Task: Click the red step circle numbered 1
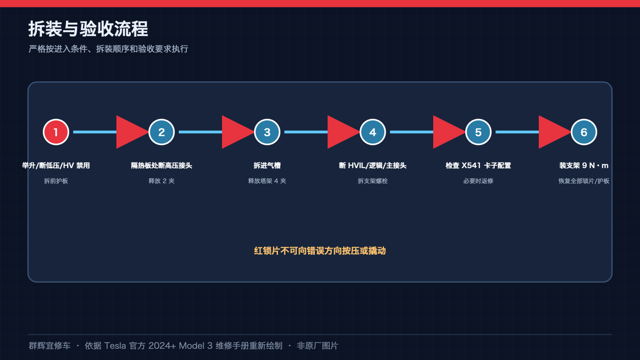pyautogui.click(x=56, y=132)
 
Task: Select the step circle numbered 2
pyautogui.click(x=162, y=132)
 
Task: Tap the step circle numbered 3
pyautogui.click(x=267, y=132)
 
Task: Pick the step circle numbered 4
pyautogui.click(x=372, y=132)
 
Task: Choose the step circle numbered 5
pyautogui.click(x=478, y=132)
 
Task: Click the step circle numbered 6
pyautogui.click(x=584, y=132)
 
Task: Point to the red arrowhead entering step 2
pyautogui.click(x=130, y=132)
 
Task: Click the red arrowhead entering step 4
pyautogui.click(x=341, y=132)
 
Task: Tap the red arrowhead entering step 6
pyautogui.click(x=552, y=132)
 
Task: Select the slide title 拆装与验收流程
pyautogui.click(x=88, y=29)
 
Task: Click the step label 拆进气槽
pyautogui.click(x=267, y=166)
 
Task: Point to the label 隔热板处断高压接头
pyautogui.click(x=162, y=166)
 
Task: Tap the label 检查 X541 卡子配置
pyautogui.click(x=478, y=166)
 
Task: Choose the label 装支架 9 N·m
pyautogui.click(x=584, y=166)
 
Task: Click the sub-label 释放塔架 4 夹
pyautogui.click(x=267, y=181)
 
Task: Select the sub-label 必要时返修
pyautogui.click(x=478, y=181)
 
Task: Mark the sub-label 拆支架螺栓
pyautogui.click(x=372, y=181)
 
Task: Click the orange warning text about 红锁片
pyautogui.click(x=320, y=250)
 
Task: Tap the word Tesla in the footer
pyautogui.click(x=115, y=346)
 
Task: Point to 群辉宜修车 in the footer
pyautogui.click(x=50, y=346)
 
